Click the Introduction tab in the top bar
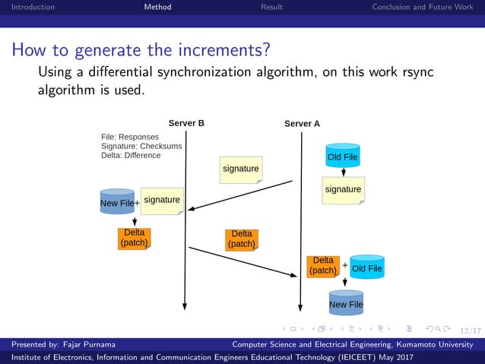[27, 7]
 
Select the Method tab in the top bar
[157, 7]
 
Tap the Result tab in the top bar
[271, 7]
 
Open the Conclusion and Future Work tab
[422, 7]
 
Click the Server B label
[186, 123]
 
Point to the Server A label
[302, 123]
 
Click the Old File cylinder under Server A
[342, 157]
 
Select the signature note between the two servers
[240, 169]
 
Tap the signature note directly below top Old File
[343, 189]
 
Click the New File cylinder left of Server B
[117, 202]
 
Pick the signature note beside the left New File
[162, 201]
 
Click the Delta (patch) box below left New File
[134, 238]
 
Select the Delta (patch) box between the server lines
[242, 239]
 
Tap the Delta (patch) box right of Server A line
[322, 266]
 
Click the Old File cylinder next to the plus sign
[367, 268]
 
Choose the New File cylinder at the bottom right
[346, 303]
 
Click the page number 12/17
[471, 331]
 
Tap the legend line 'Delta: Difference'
[131, 156]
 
